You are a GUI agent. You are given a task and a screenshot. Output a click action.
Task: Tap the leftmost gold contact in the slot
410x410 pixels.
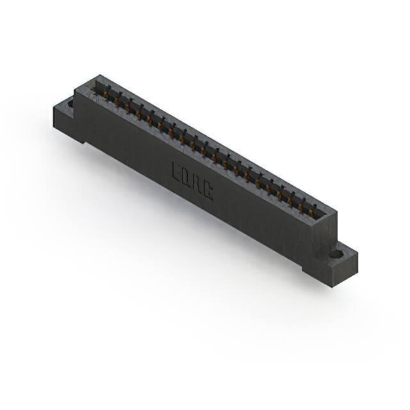(x=102, y=92)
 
